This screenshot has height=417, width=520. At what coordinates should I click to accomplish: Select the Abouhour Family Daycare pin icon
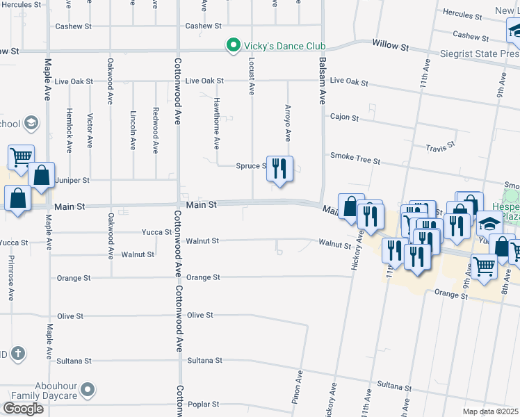[88, 391]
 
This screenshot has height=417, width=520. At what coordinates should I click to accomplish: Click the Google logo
[23, 409]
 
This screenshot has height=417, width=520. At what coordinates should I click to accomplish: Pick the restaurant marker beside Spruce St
[279, 169]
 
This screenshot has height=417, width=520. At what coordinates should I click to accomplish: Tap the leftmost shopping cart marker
[22, 156]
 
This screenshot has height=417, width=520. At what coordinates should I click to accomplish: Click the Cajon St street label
[344, 117]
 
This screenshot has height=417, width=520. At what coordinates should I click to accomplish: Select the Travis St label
[441, 147]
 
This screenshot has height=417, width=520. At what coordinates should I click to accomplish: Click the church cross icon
[18, 354]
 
